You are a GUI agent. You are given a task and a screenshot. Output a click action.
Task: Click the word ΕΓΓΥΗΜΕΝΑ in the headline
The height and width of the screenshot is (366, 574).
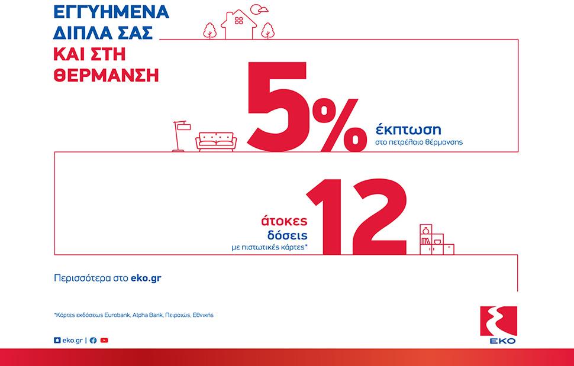pos(111,12)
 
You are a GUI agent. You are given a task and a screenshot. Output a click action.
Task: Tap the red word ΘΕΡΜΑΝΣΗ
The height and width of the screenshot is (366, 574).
pos(106,75)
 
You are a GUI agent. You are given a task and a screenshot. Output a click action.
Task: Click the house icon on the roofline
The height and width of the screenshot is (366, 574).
pos(238,24)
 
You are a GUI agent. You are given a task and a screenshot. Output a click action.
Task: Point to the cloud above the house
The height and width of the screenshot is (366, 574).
pos(260,9)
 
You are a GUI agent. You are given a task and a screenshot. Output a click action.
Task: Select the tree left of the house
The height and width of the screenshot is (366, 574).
pos(209,31)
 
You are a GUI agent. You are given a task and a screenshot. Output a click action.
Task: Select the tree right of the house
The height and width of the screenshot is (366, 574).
pos(267,31)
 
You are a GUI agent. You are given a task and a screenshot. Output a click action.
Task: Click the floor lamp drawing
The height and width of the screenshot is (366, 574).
pos(180,136)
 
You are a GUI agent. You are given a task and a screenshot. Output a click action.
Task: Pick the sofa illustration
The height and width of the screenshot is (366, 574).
pos(216,141)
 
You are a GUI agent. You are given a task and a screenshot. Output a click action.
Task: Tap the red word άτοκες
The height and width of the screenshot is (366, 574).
pos(285,221)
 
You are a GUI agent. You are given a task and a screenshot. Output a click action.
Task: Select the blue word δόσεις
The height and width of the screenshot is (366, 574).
pos(287,235)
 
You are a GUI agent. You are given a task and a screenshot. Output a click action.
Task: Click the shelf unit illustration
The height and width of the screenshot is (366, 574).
pos(436,239)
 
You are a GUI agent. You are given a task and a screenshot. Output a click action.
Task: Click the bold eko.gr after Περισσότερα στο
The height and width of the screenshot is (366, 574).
pos(146,278)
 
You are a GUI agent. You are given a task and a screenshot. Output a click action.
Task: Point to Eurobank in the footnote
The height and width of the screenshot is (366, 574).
pos(117,315)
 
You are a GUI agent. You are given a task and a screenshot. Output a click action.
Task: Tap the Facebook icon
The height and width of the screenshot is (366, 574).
pos(93,341)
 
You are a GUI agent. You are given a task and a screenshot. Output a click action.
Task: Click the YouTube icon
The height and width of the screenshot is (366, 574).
pos(104,341)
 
